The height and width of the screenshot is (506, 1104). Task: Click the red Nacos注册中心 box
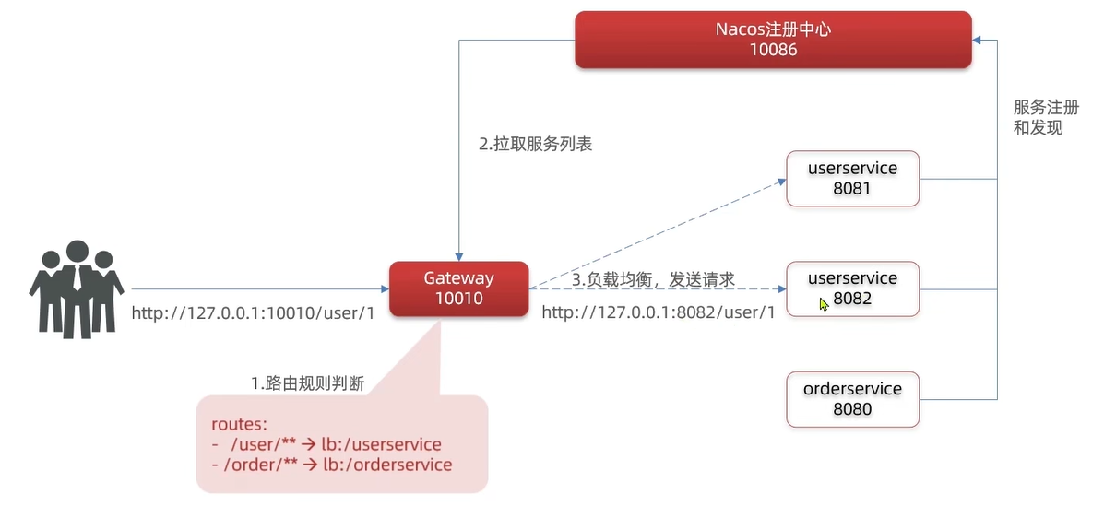[773, 40]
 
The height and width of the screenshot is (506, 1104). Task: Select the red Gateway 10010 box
[458, 288]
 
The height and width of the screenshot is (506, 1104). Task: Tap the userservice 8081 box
[852, 179]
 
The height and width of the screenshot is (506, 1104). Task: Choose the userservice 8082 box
[852, 288]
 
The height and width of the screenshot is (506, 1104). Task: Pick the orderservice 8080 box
[852, 399]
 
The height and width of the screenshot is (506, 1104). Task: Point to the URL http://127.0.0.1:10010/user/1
[253, 313]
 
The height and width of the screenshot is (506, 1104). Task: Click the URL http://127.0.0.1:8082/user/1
[658, 312]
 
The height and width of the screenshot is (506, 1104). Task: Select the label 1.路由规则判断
[307, 382]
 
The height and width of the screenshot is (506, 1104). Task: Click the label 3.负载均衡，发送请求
[653, 277]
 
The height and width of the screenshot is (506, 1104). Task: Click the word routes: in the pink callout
[239, 425]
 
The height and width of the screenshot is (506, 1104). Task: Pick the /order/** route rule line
[332, 465]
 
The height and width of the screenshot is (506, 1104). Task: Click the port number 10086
[773, 50]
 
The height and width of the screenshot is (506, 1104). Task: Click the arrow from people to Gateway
[258, 288]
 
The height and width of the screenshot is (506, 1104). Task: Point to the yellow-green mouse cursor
[824, 303]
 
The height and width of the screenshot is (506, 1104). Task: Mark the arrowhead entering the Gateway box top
[458, 256]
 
